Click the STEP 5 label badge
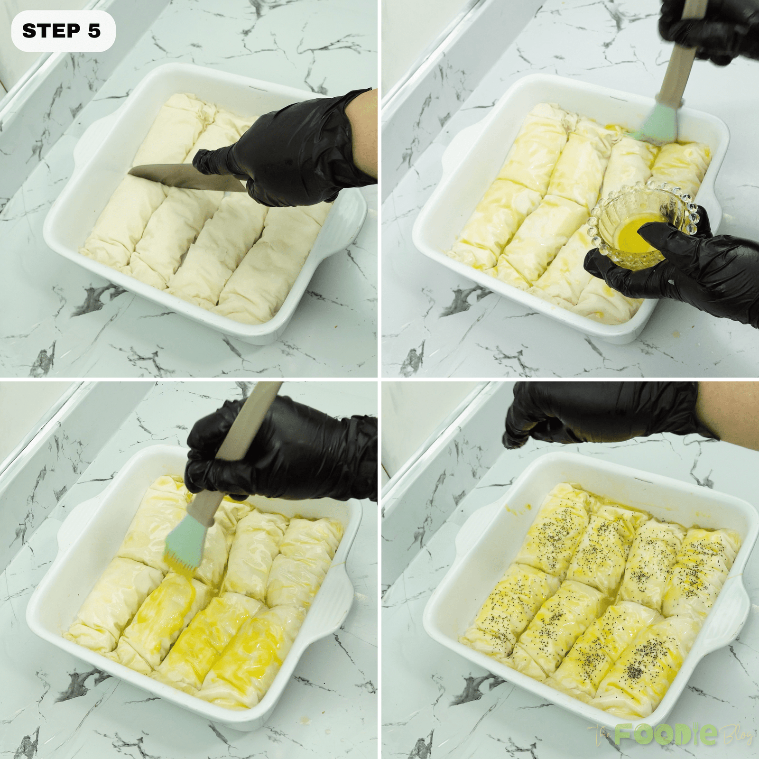(62, 31)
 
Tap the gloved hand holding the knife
(294, 152)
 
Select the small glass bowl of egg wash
(638, 223)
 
